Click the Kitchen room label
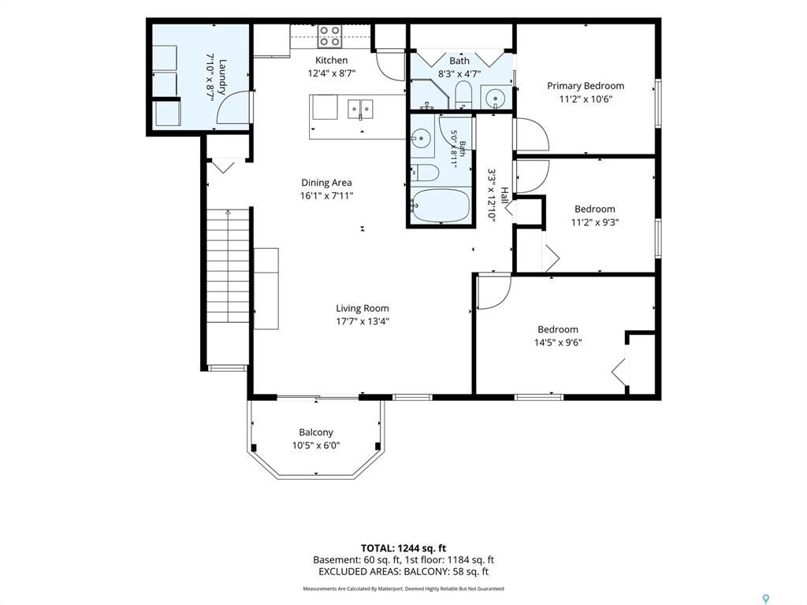pos(332,60)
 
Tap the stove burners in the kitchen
pos(329,36)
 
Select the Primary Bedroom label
pos(586,86)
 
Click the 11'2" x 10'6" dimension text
pos(586,99)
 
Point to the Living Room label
pos(363,308)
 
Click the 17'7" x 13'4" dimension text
pos(363,321)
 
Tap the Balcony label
pos(316,432)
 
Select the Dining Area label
pos(326,183)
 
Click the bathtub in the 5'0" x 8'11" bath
pos(441,206)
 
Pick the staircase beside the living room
pos(228,266)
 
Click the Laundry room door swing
pos(234,107)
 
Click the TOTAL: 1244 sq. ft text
pos(403,548)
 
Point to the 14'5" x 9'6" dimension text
pos(558,343)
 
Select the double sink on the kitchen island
pos(360,109)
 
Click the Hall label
pos(505,195)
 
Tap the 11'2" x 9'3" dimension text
pos(595,222)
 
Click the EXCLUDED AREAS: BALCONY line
pos(403,572)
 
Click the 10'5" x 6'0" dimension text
pos(316,446)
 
